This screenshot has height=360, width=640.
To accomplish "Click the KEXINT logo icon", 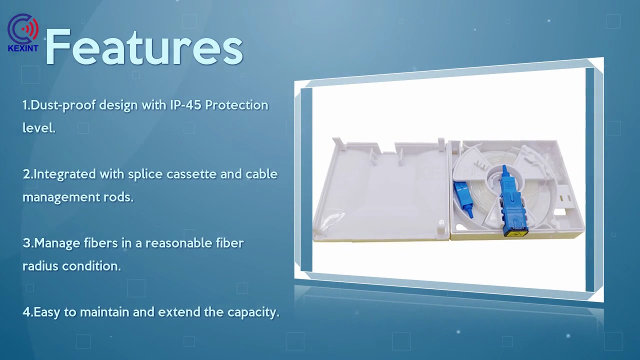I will click(x=23, y=28).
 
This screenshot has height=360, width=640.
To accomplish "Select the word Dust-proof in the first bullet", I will click(x=63, y=105).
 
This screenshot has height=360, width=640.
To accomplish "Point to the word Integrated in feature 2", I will click(x=64, y=174).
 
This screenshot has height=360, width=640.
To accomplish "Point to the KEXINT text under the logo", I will click(x=23, y=48).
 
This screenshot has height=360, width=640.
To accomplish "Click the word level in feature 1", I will click(x=38, y=128).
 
